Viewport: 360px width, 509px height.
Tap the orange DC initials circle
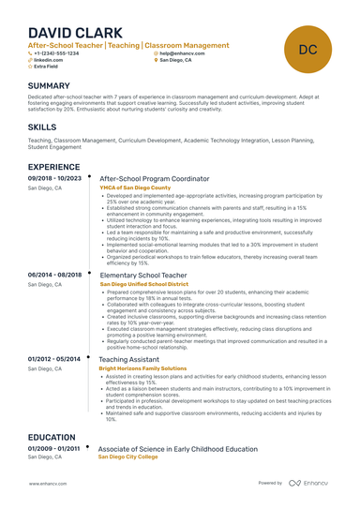coord(307,48)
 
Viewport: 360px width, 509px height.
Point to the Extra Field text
coord(47,67)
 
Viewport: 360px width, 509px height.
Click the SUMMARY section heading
coord(55,85)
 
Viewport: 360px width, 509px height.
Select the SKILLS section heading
coord(42,126)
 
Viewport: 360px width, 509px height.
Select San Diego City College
coord(129,458)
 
